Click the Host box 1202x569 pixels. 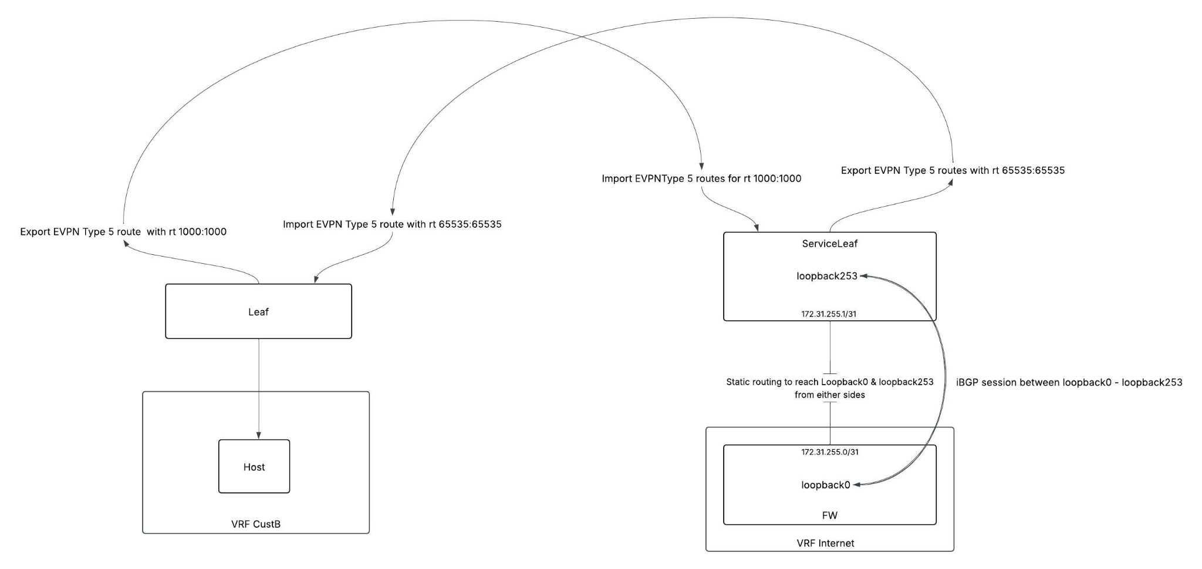coord(254,466)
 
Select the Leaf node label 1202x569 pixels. coord(258,312)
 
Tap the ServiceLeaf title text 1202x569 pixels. coord(829,244)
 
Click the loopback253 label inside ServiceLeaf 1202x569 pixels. coord(826,276)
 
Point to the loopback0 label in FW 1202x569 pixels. coord(825,485)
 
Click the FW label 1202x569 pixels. coord(829,516)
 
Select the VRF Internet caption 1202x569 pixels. coord(825,543)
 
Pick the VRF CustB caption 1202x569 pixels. coord(256,524)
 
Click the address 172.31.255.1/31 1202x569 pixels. coord(829,314)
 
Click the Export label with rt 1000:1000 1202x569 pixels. coord(123,232)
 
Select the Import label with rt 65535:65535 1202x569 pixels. coord(392,224)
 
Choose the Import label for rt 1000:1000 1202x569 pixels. coord(701,179)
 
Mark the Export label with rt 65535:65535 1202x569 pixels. coord(953,171)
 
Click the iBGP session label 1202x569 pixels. coord(1069,382)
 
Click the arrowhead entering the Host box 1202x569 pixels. coord(258,436)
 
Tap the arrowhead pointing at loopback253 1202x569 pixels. coord(864,276)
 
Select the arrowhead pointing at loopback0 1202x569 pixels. coord(856,485)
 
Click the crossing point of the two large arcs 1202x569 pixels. coord(581,37)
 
